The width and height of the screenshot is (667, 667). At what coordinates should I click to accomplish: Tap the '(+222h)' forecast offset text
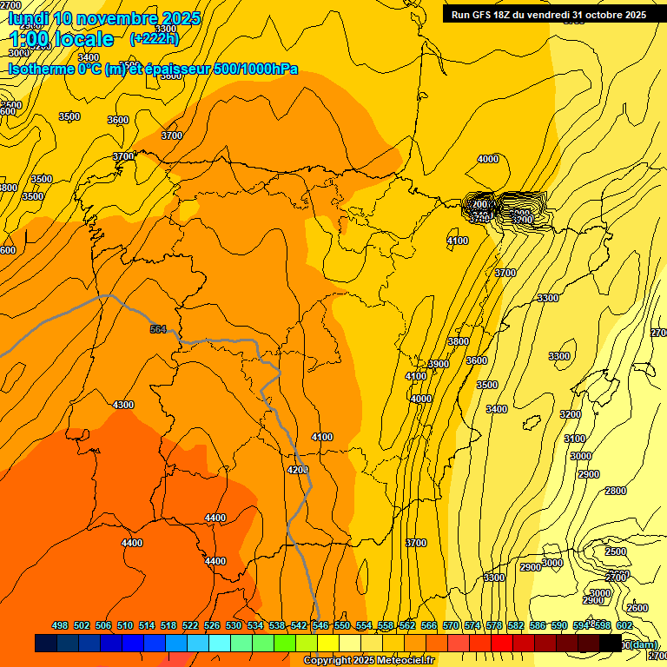[154, 38]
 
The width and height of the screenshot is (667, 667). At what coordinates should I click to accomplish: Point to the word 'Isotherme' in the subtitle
[40, 69]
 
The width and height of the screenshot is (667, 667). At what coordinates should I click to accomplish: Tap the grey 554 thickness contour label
[157, 329]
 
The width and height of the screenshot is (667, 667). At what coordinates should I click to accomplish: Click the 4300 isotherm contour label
[123, 405]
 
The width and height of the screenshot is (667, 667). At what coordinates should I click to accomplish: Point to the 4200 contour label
[297, 470]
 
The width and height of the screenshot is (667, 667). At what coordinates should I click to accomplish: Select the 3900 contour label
[439, 364]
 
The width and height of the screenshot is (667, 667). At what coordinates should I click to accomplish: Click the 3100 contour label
[575, 439]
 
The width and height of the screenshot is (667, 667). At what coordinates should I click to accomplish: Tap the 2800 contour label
[615, 491]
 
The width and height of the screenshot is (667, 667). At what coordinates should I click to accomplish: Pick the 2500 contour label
[616, 551]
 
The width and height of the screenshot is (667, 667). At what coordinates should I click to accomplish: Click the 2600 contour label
[637, 608]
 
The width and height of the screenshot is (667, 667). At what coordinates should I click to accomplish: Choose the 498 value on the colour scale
[60, 625]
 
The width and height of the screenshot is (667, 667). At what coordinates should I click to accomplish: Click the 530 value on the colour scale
[234, 625]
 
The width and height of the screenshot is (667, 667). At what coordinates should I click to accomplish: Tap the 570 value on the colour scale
[450, 625]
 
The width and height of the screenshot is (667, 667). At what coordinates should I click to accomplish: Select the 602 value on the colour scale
[624, 625]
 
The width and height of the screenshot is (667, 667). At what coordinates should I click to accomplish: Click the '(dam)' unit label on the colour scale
[644, 644]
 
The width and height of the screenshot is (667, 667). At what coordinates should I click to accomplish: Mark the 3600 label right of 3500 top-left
[118, 120]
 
